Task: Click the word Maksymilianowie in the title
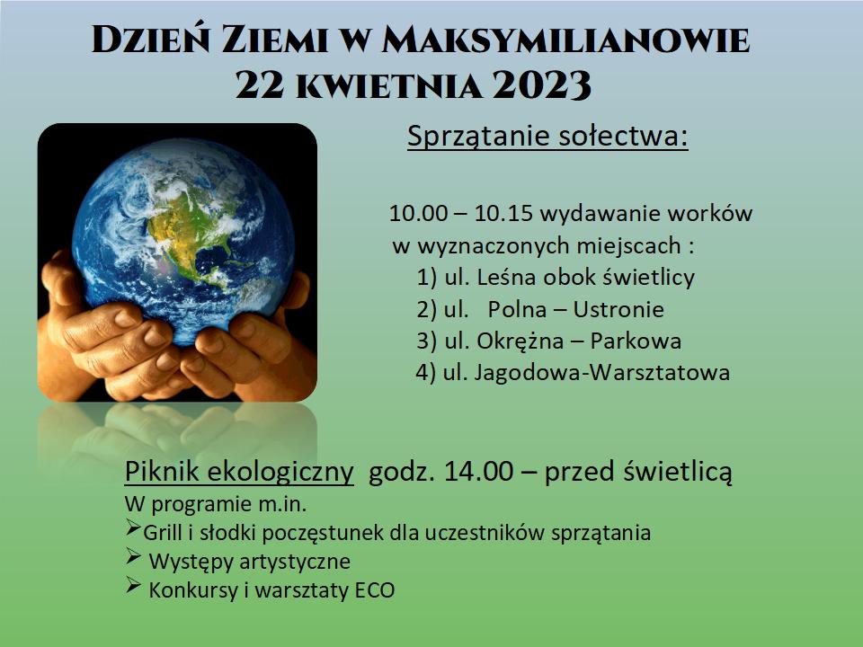(x=565, y=40)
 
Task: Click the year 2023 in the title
(x=541, y=85)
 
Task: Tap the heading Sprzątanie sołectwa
(x=547, y=136)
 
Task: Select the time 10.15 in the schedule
(x=503, y=214)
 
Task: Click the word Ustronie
(x=618, y=309)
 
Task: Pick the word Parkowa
(x=636, y=341)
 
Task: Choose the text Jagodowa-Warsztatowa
(x=602, y=372)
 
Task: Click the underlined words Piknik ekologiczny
(x=239, y=472)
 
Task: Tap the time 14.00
(x=478, y=471)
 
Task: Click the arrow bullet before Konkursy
(x=133, y=585)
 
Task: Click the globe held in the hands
(x=183, y=241)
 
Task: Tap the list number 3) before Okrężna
(x=426, y=341)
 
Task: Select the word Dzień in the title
(x=151, y=40)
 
